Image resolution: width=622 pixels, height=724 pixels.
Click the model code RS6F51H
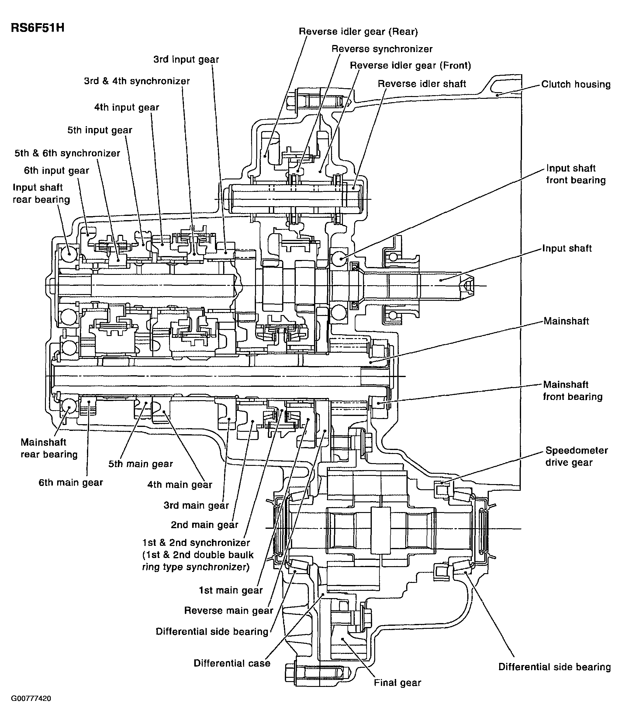click(x=38, y=28)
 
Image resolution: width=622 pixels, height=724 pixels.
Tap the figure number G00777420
click(x=31, y=708)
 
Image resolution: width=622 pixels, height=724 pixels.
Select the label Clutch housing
click(x=576, y=85)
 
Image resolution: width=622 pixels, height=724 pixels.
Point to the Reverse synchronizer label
click(x=382, y=49)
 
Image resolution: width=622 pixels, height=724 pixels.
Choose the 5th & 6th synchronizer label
click(x=67, y=153)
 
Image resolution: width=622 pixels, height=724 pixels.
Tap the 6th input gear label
click(x=57, y=171)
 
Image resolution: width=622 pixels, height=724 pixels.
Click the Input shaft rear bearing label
click(x=41, y=194)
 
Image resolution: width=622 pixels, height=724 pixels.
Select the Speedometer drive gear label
click(x=577, y=456)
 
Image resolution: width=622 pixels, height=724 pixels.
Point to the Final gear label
click(x=398, y=683)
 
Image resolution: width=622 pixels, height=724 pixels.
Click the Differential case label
click(x=232, y=663)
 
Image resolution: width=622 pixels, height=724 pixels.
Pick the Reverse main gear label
click(x=229, y=611)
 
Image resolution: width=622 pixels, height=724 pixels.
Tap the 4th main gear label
click(x=180, y=485)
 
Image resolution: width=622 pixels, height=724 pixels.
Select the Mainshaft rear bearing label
click(x=49, y=448)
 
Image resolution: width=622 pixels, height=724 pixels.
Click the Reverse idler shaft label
click(x=422, y=84)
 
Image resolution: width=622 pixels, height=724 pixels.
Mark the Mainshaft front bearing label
click(x=573, y=391)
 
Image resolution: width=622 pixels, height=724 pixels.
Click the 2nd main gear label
click(x=204, y=525)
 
